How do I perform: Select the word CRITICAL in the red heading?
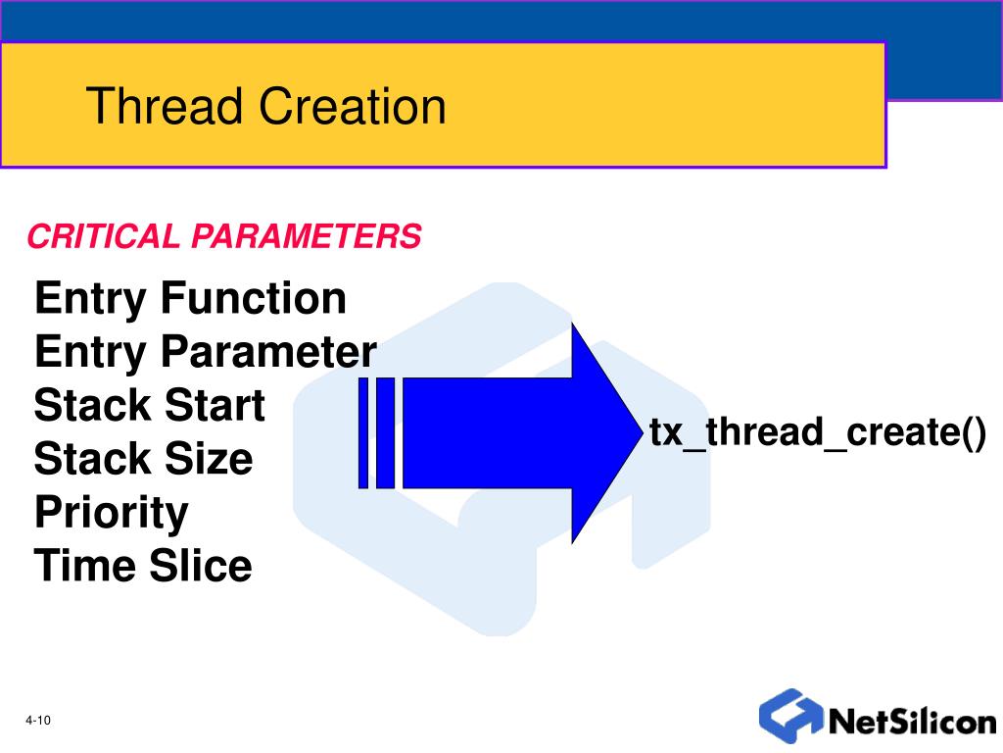[x=104, y=236]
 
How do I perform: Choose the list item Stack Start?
[x=149, y=405]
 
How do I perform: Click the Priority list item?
[x=111, y=513]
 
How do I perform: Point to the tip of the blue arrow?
[x=635, y=431]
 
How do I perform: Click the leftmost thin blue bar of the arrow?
[x=363, y=432]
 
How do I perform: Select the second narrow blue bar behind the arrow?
[x=385, y=432]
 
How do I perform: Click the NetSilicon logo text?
[x=912, y=722]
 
